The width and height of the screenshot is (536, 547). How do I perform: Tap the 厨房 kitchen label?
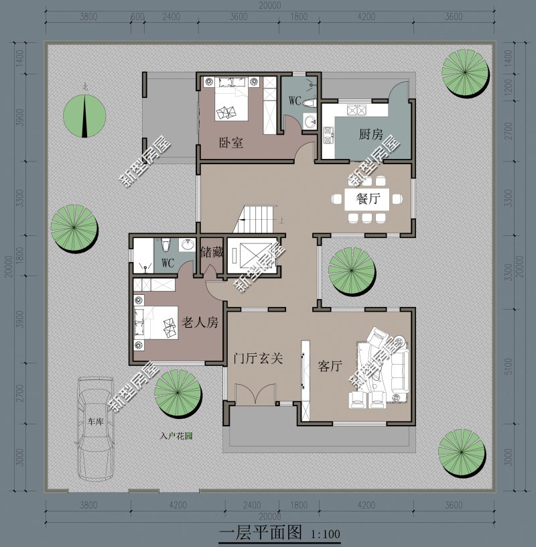click(x=370, y=135)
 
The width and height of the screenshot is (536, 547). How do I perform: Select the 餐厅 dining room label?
click(x=368, y=198)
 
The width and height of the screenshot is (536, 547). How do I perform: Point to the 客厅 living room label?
click(x=330, y=367)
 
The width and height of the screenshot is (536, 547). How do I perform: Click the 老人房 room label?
click(x=200, y=322)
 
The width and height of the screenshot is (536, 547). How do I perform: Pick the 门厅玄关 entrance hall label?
click(x=258, y=358)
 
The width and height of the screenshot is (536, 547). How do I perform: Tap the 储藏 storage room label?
click(x=212, y=253)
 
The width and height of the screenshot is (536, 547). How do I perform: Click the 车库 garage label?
click(x=95, y=422)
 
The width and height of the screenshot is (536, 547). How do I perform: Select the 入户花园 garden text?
click(x=176, y=436)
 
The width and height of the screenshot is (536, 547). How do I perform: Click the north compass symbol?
click(x=84, y=114)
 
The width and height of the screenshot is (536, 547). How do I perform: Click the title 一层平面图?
click(x=261, y=534)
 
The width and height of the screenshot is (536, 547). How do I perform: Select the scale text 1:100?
click(x=326, y=534)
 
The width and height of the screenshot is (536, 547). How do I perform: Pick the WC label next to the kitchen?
click(x=295, y=101)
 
